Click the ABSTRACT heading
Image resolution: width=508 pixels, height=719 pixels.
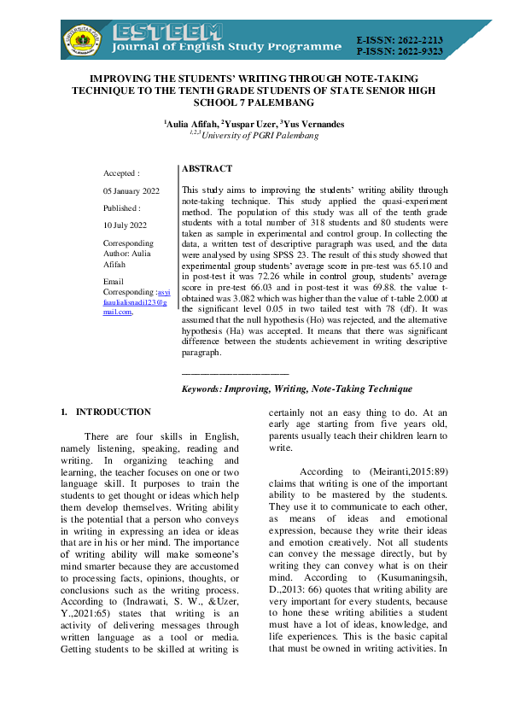[x=207, y=170]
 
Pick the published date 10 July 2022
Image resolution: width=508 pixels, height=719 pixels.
[x=125, y=225]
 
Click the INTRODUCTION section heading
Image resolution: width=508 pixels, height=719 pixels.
[x=113, y=412]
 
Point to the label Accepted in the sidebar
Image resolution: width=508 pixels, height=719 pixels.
[x=121, y=172]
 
